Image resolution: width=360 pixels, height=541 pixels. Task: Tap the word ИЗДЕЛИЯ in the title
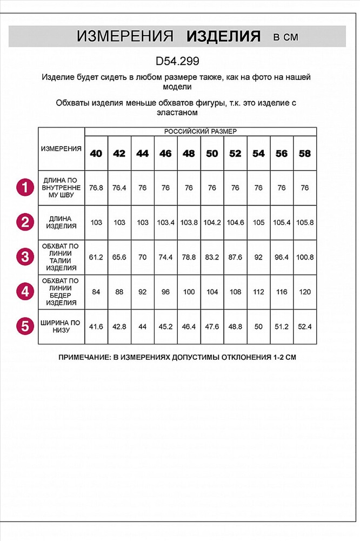(x=223, y=37)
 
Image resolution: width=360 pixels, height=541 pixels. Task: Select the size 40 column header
(x=96, y=154)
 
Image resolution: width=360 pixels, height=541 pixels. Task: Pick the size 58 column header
(x=305, y=154)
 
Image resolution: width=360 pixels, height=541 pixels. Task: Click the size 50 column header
(x=212, y=154)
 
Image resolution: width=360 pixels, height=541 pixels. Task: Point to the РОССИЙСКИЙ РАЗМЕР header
(x=201, y=131)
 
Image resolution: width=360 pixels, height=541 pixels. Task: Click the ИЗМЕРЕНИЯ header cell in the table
(x=62, y=149)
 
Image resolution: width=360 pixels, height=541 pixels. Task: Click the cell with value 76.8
(x=96, y=188)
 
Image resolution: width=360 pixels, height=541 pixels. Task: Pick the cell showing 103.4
(x=165, y=222)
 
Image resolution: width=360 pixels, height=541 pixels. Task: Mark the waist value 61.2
(x=96, y=257)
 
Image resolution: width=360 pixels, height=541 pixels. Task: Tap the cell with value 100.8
(x=305, y=257)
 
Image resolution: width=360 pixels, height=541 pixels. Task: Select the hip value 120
(x=305, y=292)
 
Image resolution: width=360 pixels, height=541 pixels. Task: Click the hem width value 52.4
(x=305, y=326)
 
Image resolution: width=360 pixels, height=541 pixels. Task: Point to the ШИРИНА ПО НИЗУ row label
(x=62, y=326)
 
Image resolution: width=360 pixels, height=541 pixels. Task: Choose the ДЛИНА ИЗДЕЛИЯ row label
(x=62, y=222)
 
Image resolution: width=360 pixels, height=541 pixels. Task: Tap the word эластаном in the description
(x=176, y=113)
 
